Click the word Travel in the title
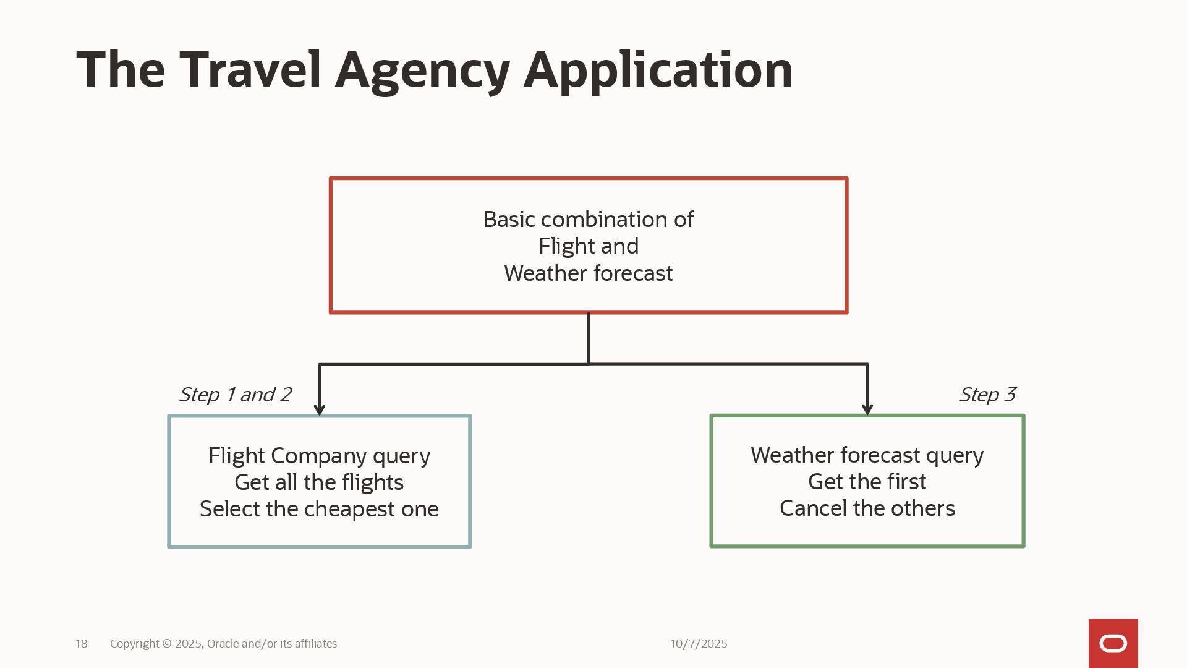(x=250, y=69)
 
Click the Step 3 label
(x=987, y=395)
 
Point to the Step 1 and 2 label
(x=235, y=395)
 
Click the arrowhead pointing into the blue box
(x=320, y=409)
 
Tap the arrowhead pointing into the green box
(x=867, y=409)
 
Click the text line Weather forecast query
(x=867, y=455)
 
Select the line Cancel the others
(x=867, y=508)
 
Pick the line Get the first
(x=867, y=482)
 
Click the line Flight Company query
(x=319, y=456)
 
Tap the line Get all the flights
(x=319, y=482)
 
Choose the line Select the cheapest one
(x=319, y=509)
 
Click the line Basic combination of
(x=588, y=220)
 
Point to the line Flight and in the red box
(x=588, y=246)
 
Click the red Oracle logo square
(x=1113, y=643)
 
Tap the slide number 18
(x=81, y=644)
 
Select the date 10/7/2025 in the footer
(x=699, y=644)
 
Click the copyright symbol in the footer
(x=167, y=644)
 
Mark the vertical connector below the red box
(x=589, y=338)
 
